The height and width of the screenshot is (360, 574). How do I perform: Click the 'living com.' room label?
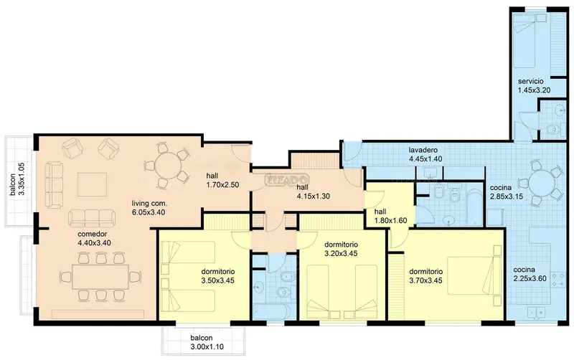pos(149,203)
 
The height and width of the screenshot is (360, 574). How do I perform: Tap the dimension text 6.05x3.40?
pos(149,212)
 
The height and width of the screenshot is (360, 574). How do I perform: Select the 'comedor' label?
pos(93,234)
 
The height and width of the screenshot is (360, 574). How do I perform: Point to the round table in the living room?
pos(168,166)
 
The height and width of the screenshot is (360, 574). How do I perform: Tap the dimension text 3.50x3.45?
pos(218,280)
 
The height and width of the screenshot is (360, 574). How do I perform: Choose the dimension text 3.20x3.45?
pos(341,253)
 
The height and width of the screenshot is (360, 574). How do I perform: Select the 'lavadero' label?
pos(423,150)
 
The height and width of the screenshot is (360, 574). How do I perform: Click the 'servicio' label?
pos(530,81)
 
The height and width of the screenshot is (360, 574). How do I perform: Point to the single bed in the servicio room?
pos(524,41)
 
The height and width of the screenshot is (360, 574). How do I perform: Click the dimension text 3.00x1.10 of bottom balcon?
pos(207,347)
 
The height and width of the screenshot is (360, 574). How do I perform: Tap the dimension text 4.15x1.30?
pos(313,196)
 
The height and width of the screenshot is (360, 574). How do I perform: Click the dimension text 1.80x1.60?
pos(390,221)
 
